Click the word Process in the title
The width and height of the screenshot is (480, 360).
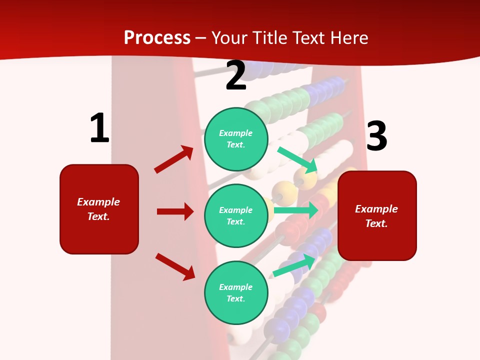[157, 37]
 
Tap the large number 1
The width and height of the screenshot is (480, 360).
[99, 128]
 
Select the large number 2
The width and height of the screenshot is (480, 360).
[236, 75]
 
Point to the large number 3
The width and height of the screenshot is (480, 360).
[377, 136]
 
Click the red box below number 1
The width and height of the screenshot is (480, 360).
[99, 209]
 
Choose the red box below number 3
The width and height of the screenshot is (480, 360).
[377, 216]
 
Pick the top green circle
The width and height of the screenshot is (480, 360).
[236, 138]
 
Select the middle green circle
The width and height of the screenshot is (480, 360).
[236, 215]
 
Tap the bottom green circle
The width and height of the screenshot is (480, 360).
[236, 292]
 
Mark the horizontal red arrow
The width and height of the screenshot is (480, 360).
[175, 211]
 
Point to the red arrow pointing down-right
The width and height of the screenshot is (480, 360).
[175, 266]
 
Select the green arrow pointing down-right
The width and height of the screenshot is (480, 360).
[297, 159]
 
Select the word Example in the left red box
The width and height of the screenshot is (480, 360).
[98, 202]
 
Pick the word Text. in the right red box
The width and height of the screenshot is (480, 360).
[376, 223]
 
